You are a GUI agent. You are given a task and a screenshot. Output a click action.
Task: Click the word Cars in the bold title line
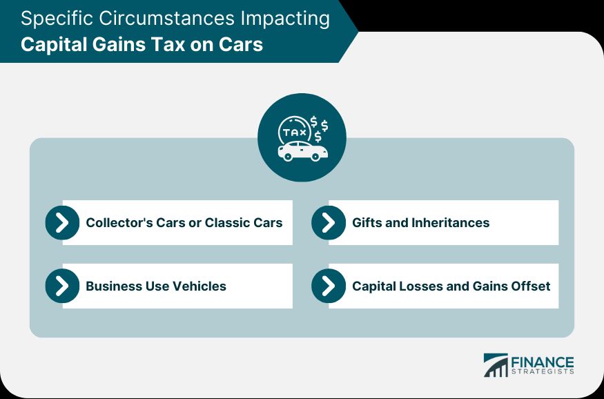241,44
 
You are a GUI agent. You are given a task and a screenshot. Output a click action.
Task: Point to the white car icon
303,151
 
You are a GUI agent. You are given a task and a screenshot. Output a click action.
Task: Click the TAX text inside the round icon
295,133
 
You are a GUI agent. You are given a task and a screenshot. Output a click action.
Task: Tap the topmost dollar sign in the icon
314,121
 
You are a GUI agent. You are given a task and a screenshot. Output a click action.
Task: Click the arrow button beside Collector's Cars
62,222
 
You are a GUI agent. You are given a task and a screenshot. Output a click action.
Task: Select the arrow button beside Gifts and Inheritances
329,222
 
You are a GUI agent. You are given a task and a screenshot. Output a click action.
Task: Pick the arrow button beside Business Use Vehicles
62,286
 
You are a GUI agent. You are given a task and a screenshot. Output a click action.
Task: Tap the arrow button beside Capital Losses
329,286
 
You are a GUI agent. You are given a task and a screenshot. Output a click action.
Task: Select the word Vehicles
199,286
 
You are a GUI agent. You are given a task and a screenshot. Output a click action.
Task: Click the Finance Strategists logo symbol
496,365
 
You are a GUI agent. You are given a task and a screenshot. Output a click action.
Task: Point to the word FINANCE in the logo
543,362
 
